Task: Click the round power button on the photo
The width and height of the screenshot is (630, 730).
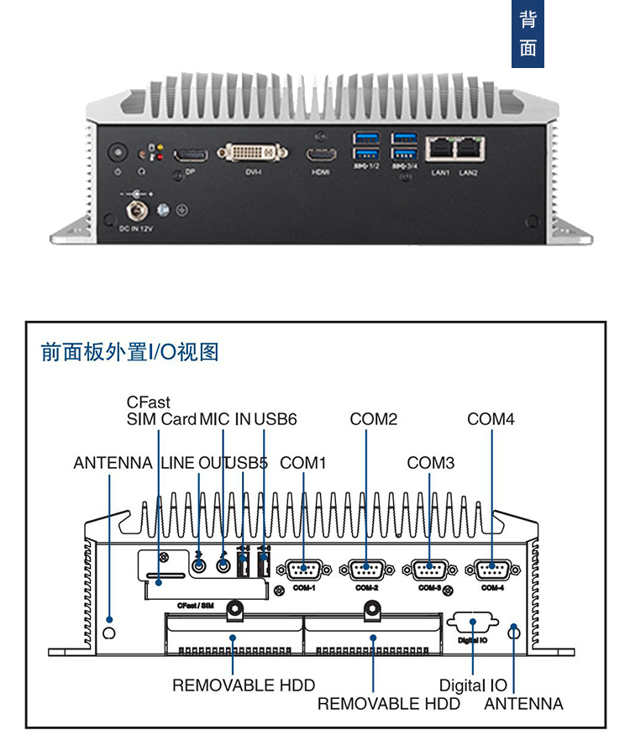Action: click(118, 155)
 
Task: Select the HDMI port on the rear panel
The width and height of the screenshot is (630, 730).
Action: click(320, 155)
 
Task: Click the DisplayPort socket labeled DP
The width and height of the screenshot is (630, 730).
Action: click(191, 155)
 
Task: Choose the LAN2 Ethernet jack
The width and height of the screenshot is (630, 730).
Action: click(468, 150)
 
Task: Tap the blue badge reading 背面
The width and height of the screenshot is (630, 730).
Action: click(528, 34)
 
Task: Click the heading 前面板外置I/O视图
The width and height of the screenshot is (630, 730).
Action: click(130, 352)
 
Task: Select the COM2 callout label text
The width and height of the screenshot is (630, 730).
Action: click(374, 418)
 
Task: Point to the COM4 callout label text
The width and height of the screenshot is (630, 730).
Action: click(491, 418)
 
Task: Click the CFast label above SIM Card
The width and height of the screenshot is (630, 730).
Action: click(149, 402)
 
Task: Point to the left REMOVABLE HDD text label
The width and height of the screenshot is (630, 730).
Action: click(244, 685)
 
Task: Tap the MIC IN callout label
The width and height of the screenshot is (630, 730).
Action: click(224, 418)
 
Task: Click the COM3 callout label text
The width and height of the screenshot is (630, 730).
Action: click(431, 463)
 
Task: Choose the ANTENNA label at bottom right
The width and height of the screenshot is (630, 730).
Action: click(523, 704)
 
